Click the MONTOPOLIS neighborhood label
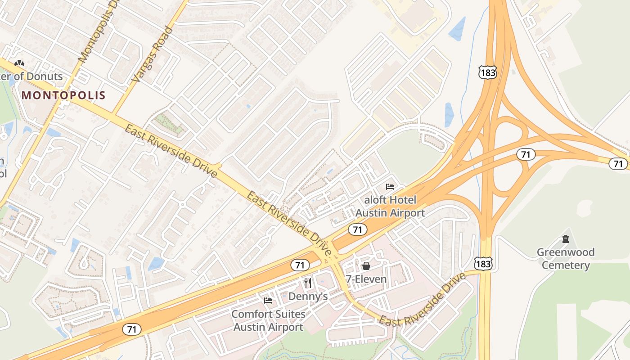(x=63, y=95)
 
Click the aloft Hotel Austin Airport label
(x=390, y=206)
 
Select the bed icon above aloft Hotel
(x=390, y=187)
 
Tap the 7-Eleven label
(x=366, y=279)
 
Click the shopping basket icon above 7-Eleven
(x=366, y=266)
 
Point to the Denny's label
(x=308, y=296)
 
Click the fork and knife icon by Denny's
(x=308, y=283)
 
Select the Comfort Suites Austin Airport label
(x=268, y=320)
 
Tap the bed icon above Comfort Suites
(x=268, y=301)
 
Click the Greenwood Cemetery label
(x=566, y=258)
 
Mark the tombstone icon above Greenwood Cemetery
(x=566, y=239)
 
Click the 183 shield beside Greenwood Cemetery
(x=483, y=264)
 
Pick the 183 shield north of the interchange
(x=488, y=72)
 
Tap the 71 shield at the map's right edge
(x=618, y=164)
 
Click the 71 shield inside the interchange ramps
(x=525, y=154)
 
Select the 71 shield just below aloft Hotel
(x=357, y=229)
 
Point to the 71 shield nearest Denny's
(x=300, y=265)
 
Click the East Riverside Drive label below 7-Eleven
(x=422, y=300)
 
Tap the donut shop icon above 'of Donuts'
(x=19, y=63)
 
